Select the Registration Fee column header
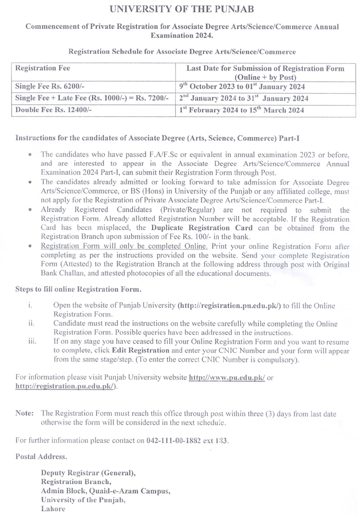click(x=43, y=68)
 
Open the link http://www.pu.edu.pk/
click(x=227, y=377)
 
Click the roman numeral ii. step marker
click(x=31, y=323)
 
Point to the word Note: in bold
click(x=25, y=413)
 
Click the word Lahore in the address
click(x=53, y=508)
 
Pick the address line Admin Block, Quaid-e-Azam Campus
click(x=105, y=491)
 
